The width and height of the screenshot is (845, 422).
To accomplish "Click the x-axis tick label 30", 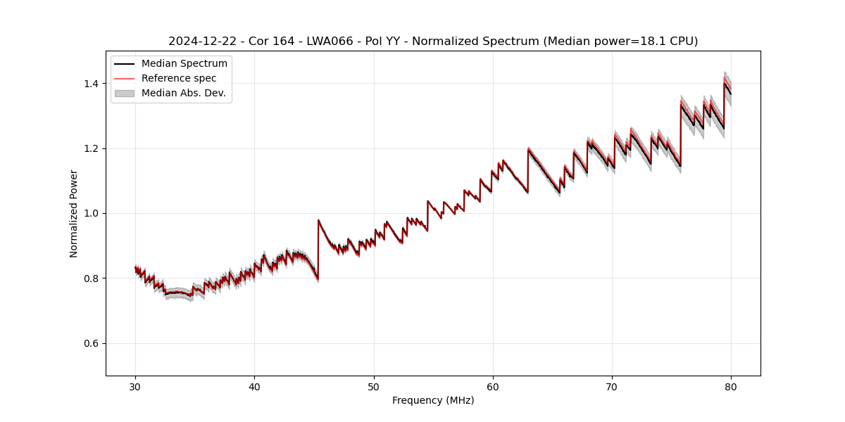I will [x=135, y=387].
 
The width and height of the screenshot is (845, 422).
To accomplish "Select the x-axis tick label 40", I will [x=254, y=387].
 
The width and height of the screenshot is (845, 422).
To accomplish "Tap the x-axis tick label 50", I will [x=374, y=387].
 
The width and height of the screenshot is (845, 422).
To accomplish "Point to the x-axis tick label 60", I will [x=493, y=387].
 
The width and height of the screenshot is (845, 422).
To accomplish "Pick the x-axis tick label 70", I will [x=612, y=387].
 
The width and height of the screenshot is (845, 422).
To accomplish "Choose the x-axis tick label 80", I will [x=731, y=387].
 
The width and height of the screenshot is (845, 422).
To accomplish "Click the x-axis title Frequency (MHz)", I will [x=433, y=400].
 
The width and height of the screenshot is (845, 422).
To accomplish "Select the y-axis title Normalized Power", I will [x=74, y=213].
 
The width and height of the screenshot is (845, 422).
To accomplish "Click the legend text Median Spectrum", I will [x=184, y=64].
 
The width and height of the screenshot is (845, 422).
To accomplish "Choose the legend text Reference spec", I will [x=179, y=78].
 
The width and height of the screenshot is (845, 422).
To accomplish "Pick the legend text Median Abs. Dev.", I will [x=184, y=93].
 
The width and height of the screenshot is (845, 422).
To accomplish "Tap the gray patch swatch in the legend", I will [x=125, y=93].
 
